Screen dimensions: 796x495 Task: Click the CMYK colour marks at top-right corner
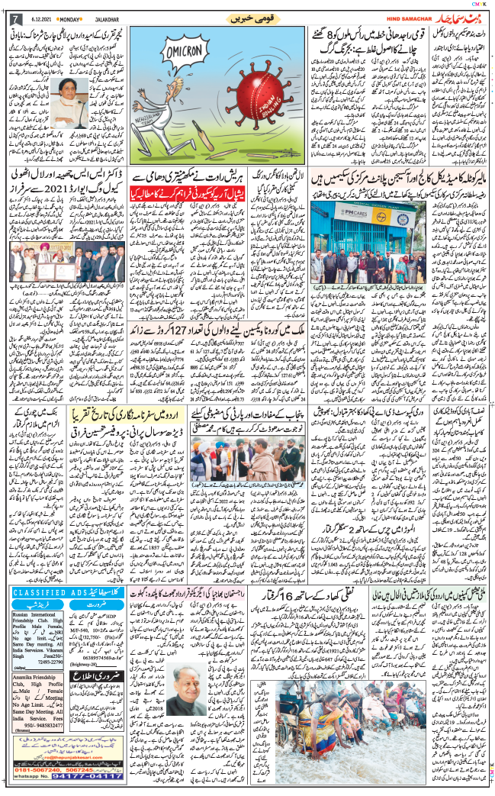point(480,5)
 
